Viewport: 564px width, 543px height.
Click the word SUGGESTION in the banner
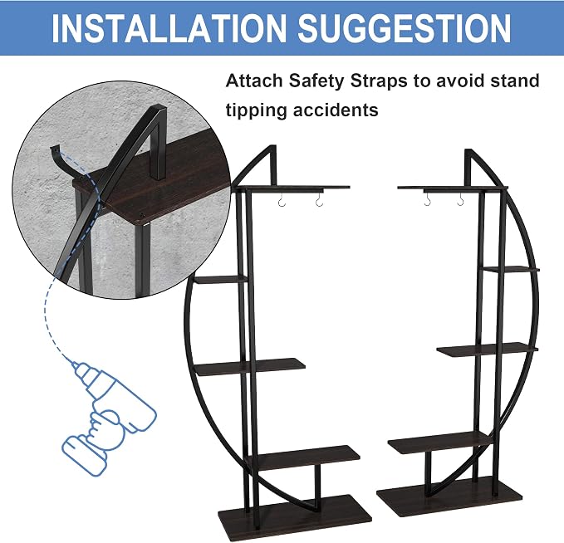(x=405, y=28)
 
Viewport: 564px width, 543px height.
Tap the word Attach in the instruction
(x=254, y=81)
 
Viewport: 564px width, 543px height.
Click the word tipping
(x=256, y=110)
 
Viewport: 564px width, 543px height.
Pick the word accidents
(x=336, y=110)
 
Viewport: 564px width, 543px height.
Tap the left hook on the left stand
(x=282, y=202)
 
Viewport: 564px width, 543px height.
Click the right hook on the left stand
(x=319, y=202)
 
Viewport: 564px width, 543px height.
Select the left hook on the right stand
(x=427, y=200)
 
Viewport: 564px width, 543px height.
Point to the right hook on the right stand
(x=461, y=200)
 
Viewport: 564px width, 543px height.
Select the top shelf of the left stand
(x=292, y=188)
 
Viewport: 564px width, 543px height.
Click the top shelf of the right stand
(x=453, y=188)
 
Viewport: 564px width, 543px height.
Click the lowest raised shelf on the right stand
(x=440, y=442)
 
